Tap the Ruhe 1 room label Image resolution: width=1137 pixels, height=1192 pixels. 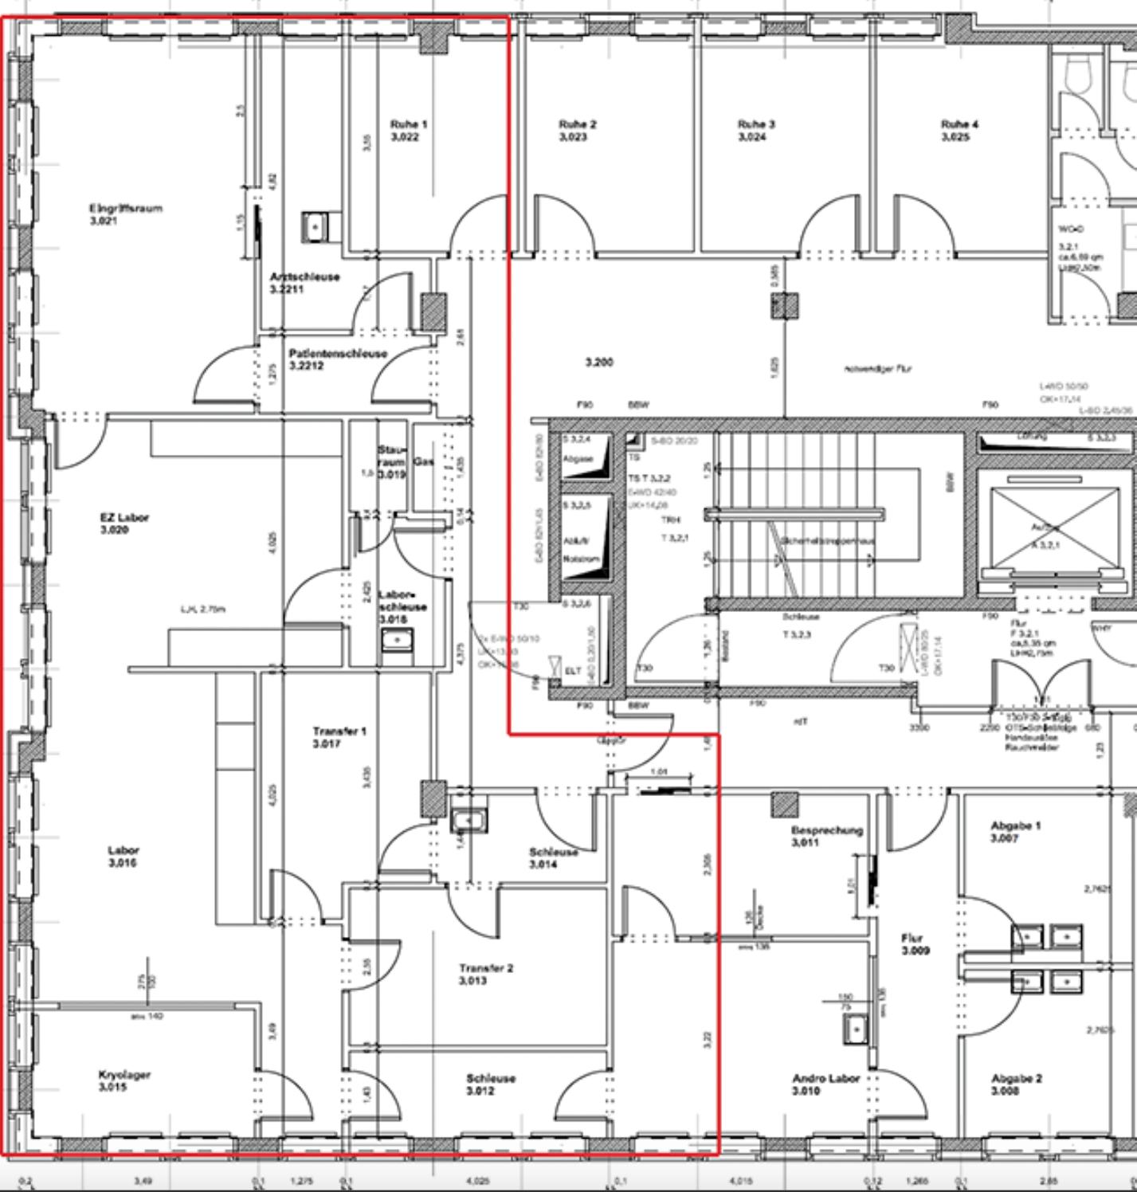point(408,131)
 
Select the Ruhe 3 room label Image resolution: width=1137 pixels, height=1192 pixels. point(755,131)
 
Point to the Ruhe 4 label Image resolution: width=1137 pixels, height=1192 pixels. point(959,131)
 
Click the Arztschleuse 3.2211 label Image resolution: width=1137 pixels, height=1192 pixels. point(304,283)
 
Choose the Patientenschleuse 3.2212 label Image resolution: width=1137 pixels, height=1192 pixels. point(337,359)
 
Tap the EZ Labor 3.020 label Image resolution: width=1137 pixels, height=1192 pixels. point(124,523)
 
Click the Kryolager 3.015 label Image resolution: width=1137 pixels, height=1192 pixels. point(124,1081)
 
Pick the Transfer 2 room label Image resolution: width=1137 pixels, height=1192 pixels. point(485,974)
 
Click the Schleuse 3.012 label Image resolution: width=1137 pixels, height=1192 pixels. point(490,1084)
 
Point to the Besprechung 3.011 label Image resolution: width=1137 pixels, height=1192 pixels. point(826,836)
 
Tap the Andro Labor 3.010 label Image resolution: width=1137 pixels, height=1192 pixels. point(825,1084)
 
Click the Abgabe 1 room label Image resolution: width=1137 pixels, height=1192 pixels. point(1015,832)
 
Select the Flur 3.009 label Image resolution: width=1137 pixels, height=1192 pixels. point(915,944)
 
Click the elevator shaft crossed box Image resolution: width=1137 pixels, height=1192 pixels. point(1054,527)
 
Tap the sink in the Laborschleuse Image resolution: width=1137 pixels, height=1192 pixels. point(396,640)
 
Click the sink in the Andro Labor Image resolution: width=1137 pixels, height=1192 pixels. point(856,1029)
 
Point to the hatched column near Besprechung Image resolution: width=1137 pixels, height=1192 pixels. point(784,805)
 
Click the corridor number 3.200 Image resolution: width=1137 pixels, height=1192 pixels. point(599,363)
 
